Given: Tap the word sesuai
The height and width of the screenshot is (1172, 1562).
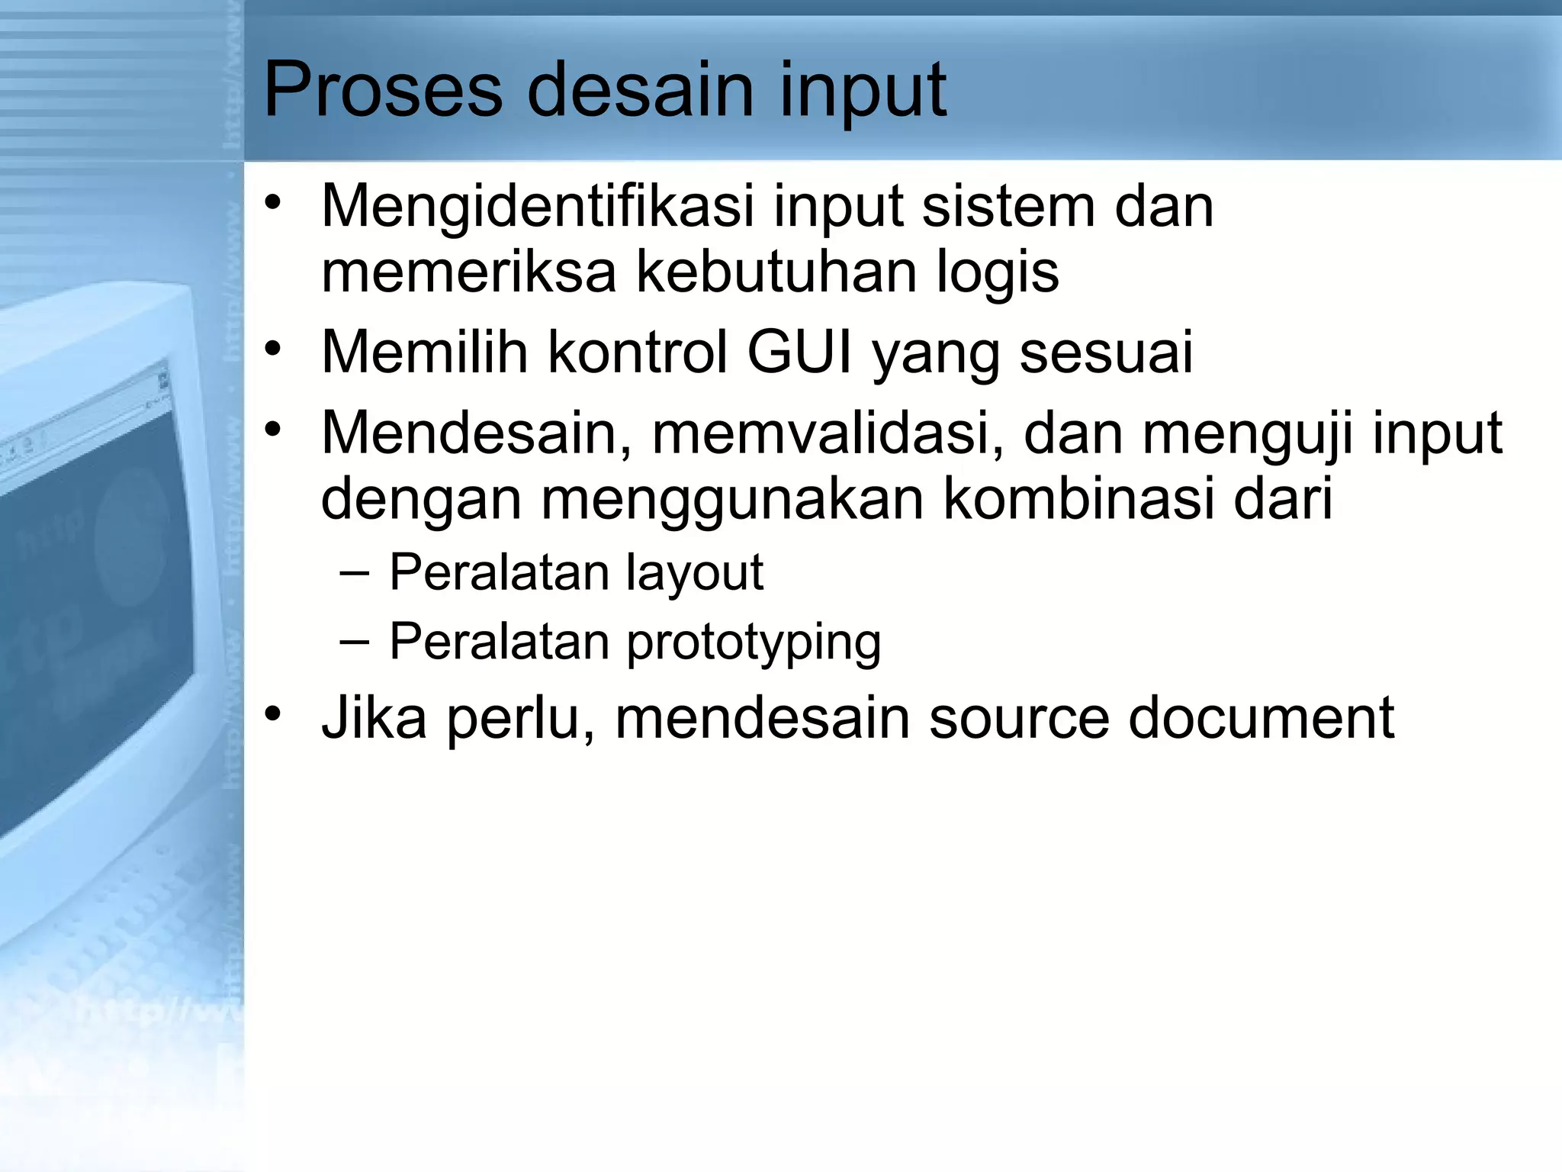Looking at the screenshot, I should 1107,353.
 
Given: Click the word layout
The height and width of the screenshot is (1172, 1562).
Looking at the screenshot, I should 695,572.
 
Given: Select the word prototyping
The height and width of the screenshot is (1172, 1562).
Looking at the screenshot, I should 754,642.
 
